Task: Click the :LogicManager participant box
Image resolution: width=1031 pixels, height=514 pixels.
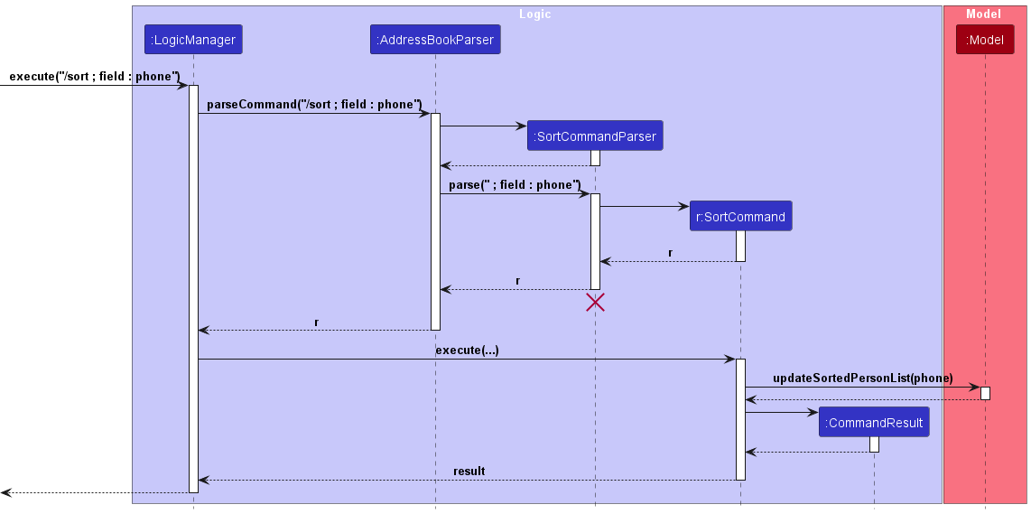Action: pos(193,40)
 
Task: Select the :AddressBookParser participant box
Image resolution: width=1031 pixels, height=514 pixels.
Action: pos(434,40)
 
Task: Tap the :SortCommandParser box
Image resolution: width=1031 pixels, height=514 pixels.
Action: pos(595,136)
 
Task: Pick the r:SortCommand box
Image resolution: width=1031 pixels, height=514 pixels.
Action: pos(740,217)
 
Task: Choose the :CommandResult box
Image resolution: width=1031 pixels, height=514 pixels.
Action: pos(874,423)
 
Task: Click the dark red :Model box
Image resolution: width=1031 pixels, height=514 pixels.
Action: pos(985,40)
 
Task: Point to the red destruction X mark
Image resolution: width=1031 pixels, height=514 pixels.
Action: pos(595,302)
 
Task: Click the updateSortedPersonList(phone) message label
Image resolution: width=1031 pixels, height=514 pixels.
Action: pos(863,378)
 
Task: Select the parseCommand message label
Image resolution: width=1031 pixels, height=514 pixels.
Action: pos(314,105)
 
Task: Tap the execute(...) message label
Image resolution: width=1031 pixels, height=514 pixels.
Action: pos(467,350)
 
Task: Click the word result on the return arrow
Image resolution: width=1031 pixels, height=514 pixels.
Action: pos(469,472)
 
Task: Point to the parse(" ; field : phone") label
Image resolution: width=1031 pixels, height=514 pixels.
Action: pos(515,185)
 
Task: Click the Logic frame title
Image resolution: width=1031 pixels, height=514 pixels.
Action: pos(535,14)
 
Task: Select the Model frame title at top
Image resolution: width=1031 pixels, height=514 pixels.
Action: pos(984,14)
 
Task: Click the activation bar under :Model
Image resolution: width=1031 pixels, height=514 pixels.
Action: pos(985,393)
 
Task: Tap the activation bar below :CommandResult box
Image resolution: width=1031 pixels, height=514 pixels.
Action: pos(874,444)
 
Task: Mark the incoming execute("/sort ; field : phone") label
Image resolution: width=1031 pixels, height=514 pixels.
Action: pos(95,77)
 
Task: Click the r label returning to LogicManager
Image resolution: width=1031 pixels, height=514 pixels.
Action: pos(316,322)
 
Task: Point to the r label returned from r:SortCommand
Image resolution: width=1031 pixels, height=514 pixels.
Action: pos(670,253)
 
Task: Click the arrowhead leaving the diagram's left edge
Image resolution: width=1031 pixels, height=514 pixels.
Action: pos(6,492)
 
